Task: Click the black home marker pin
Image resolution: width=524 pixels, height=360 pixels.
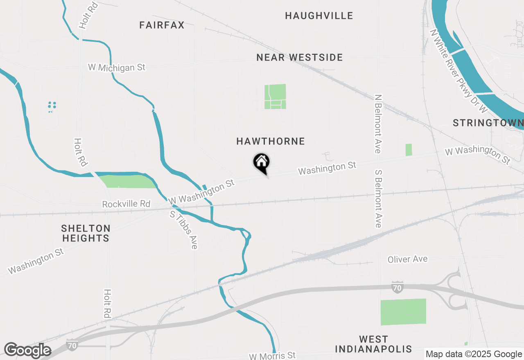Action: click(261, 162)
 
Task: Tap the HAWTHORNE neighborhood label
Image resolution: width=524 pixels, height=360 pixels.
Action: click(271, 142)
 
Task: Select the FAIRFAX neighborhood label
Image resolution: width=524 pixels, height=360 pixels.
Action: click(162, 25)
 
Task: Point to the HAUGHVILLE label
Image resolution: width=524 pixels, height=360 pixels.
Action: click(319, 16)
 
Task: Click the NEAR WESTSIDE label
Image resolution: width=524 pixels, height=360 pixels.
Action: click(300, 58)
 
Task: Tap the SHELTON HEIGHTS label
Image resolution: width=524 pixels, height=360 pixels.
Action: click(86, 233)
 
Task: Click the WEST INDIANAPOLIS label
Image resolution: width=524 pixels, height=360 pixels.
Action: click(373, 344)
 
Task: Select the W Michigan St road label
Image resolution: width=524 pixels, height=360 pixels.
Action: click(117, 67)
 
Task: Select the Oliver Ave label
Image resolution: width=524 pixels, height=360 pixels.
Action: click(407, 259)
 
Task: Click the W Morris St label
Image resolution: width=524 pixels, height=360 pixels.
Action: click(272, 355)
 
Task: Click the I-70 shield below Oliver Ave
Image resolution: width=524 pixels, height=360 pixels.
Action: click(396, 286)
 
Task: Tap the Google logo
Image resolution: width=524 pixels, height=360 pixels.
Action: click(27, 351)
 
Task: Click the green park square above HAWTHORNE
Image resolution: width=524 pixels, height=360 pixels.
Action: click(275, 97)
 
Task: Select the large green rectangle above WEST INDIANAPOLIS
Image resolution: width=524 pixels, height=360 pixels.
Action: click(403, 312)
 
